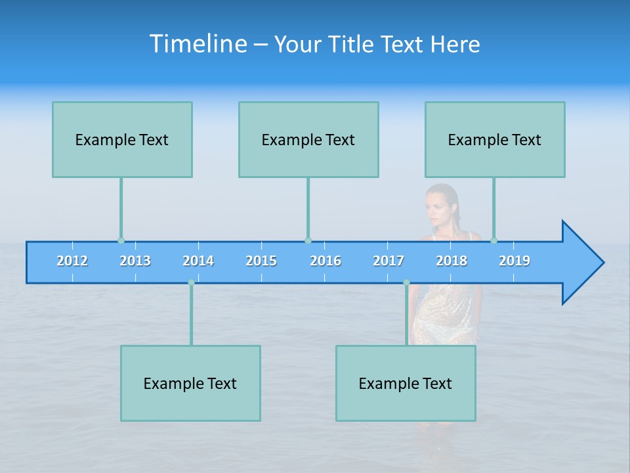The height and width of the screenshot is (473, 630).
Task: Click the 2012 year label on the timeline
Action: (x=72, y=261)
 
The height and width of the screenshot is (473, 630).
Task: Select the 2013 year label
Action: (x=135, y=261)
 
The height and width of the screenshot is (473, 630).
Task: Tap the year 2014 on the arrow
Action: (x=198, y=261)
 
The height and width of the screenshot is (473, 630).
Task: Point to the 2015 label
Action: (x=261, y=261)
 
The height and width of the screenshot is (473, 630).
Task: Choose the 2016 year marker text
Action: (x=325, y=261)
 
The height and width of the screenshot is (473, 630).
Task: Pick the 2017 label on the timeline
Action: (x=388, y=261)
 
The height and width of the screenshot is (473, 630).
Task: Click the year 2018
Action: (x=451, y=261)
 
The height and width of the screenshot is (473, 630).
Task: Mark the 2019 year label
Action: (x=514, y=261)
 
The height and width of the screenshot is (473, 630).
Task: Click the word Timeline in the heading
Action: (x=198, y=44)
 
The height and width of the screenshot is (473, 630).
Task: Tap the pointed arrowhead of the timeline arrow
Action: (x=584, y=263)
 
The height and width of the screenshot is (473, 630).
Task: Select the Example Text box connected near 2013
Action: (x=122, y=139)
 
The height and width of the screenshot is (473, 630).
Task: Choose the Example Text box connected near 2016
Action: (x=308, y=139)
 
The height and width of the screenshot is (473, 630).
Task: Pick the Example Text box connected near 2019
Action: (x=495, y=139)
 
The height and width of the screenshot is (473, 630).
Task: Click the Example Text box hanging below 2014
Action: (x=190, y=383)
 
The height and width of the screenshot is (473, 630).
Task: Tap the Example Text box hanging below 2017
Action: (x=406, y=383)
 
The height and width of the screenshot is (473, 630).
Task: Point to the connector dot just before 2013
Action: (x=121, y=240)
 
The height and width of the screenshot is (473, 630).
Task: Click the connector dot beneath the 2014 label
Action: (x=191, y=282)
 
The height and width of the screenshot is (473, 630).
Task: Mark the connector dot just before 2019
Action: (x=493, y=240)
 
